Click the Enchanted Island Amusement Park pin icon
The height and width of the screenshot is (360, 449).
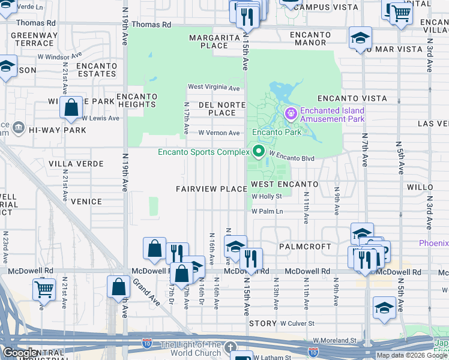pos(291,113)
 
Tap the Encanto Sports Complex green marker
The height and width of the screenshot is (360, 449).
pos(259,151)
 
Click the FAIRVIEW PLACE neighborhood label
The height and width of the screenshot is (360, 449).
pos(211,189)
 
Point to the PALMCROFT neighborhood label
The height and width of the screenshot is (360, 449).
pos(305,247)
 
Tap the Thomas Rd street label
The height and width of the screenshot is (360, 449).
pos(151,25)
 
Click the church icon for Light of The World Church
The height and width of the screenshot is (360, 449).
pos(231,347)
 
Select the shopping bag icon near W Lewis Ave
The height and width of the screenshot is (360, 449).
pos(71,108)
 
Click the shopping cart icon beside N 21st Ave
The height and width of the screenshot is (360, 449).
pos(44,289)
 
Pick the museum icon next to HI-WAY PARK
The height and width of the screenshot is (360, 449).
pos(18,128)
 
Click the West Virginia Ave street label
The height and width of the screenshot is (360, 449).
pos(214,88)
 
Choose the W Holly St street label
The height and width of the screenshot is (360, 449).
pos(267,196)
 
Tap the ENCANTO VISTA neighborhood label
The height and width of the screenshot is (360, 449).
pos(343,98)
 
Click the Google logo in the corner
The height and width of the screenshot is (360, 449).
pos(20,353)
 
